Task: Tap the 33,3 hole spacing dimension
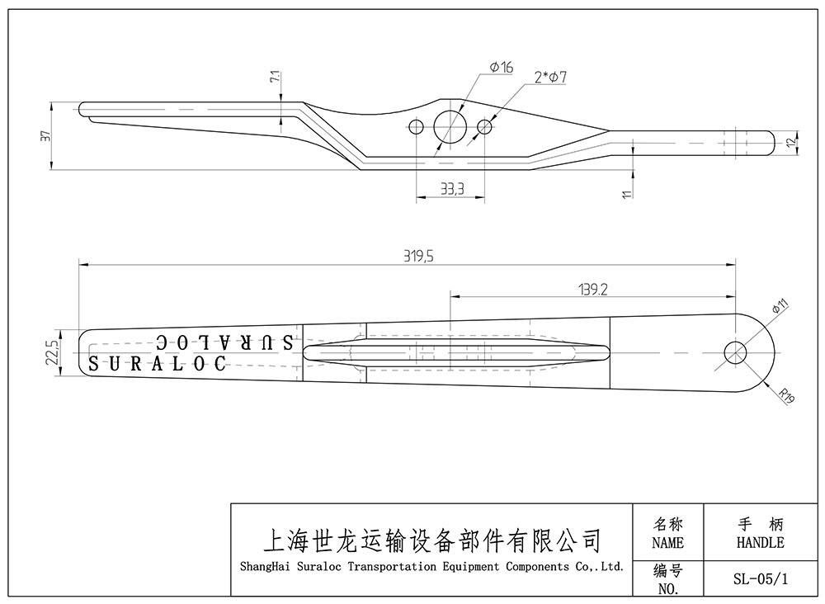[451, 189]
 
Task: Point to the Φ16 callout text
[501, 68]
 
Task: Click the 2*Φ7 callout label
[550, 78]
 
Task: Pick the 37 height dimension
[45, 136]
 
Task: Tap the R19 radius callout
[785, 399]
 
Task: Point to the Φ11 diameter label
[780, 308]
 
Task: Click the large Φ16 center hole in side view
[450, 126]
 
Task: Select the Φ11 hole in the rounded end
[735, 353]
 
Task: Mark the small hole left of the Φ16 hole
[417, 127]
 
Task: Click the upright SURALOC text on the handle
[157, 364]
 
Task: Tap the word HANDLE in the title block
[760, 542]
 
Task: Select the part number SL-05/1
[760, 578]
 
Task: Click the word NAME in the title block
[667, 543]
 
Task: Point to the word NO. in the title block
[667, 589]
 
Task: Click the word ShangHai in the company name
[262, 567]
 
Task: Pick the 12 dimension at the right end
[790, 142]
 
